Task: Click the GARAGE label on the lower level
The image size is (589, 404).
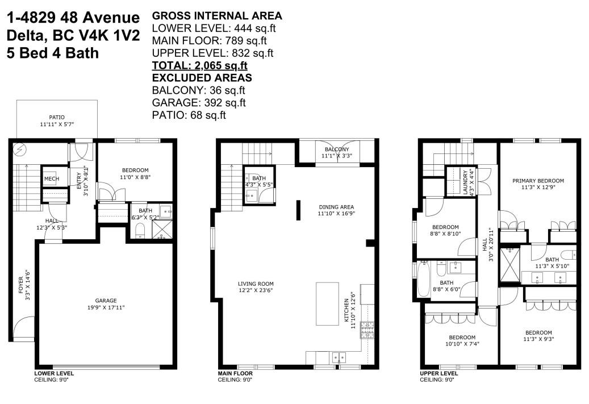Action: [106, 301]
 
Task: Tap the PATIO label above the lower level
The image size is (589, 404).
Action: [57, 117]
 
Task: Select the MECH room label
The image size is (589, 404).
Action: [52, 179]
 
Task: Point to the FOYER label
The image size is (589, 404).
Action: [21, 285]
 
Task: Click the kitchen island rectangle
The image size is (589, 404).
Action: [328, 303]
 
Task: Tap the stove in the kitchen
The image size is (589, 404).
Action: [367, 330]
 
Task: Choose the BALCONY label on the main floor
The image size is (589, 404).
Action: [337, 149]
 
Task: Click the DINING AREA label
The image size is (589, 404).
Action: [336, 207]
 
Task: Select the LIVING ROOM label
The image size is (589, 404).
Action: [256, 284]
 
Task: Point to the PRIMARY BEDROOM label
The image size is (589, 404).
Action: [538, 181]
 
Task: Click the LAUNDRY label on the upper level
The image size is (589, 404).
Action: [465, 182]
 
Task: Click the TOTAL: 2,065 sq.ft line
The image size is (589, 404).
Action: [199, 65]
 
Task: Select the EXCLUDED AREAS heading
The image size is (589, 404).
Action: [202, 78]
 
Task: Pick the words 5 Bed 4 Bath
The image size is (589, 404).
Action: [53, 53]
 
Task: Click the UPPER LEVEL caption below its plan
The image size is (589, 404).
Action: [438, 373]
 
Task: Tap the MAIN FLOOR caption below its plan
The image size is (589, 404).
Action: [235, 373]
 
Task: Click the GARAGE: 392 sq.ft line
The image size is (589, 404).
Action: [199, 103]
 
